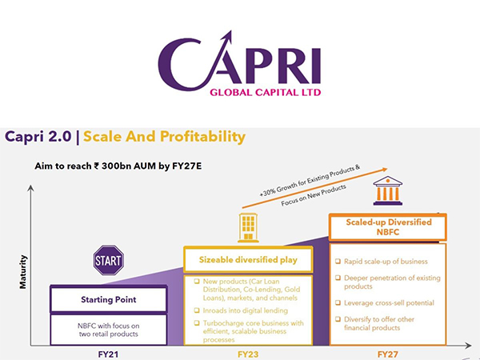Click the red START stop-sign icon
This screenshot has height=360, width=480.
coord(109,260)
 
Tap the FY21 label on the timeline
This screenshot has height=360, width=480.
coord(108,351)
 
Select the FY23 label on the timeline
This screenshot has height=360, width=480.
coord(247,351)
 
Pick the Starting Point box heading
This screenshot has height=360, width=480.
coord(106,300)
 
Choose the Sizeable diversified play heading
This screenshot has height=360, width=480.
coord(249,259)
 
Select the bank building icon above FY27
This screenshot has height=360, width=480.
coord(387,192)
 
